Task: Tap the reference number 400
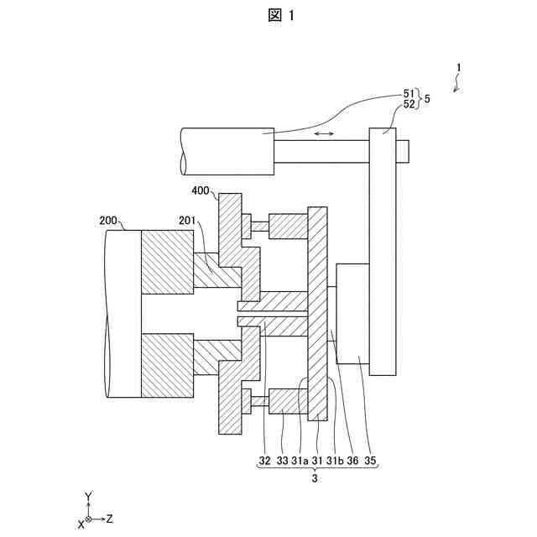[x=201, y=191]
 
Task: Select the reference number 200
[x=109, y=221]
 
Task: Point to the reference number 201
[x=188, y=221]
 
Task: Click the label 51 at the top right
[x=409, y=93]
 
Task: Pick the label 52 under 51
[x=409, y=104]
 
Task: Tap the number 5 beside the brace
[x=428, y=99]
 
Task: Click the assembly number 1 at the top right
[x=459, y=68]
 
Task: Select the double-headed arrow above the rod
[x=323, y=133]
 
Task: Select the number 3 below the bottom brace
[x=315, y=479]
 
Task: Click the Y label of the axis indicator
[x=89, y=498]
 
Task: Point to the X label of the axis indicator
[x=81, y=524]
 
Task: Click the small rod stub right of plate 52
[x=402, y=150]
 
